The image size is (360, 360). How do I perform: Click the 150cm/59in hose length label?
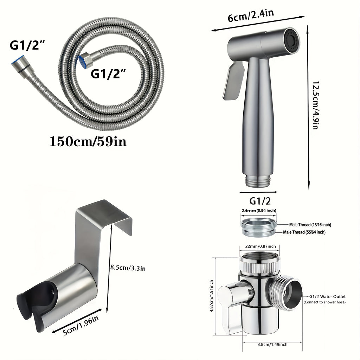pyautogui.click(x=88, y=141)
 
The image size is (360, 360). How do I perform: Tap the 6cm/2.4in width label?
pyautogui.click(x=251, y=15)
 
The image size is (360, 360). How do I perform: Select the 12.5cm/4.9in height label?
pyautogui.click(x=316, y=105)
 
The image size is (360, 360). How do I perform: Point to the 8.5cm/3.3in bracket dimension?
pyautogui.click(x=128, y=268)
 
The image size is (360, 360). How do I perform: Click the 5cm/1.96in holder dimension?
pyautogui.click(x=81, y=325)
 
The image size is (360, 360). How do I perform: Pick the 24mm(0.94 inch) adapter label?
pyautogui.click(x=259, y=210)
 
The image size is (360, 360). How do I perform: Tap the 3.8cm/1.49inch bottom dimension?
pyautogui.click(x=272, y=345)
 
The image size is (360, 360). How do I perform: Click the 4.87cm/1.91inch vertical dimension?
pyautogui.click(x=211, y=296)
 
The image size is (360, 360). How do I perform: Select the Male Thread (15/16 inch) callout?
pyautogui.click(x=310, y=225)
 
